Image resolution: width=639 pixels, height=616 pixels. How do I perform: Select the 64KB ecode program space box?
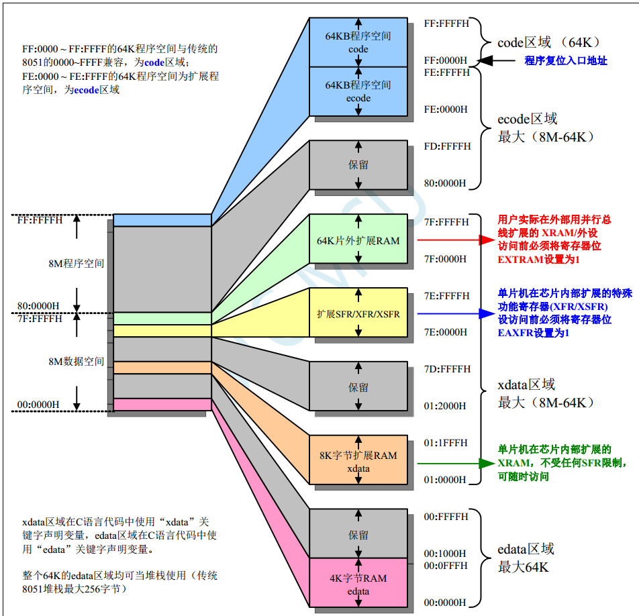click(358, 91)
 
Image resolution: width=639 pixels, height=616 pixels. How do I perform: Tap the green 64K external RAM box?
click(358, 239)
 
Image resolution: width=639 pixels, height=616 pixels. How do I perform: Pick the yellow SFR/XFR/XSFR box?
click(358, 313)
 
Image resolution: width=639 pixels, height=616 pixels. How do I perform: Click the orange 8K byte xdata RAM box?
click(358, 460)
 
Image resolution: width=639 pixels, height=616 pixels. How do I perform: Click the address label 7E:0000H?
click(446, 332)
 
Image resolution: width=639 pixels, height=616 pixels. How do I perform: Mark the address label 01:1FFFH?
click(446, 443)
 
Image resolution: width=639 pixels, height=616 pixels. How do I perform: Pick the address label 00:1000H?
click(446, 554)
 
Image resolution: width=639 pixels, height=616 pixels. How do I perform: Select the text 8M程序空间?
click(77, 263)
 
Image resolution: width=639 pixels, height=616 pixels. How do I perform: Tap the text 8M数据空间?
click(77, 361)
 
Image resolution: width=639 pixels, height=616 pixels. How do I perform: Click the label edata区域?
click(526, 549)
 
